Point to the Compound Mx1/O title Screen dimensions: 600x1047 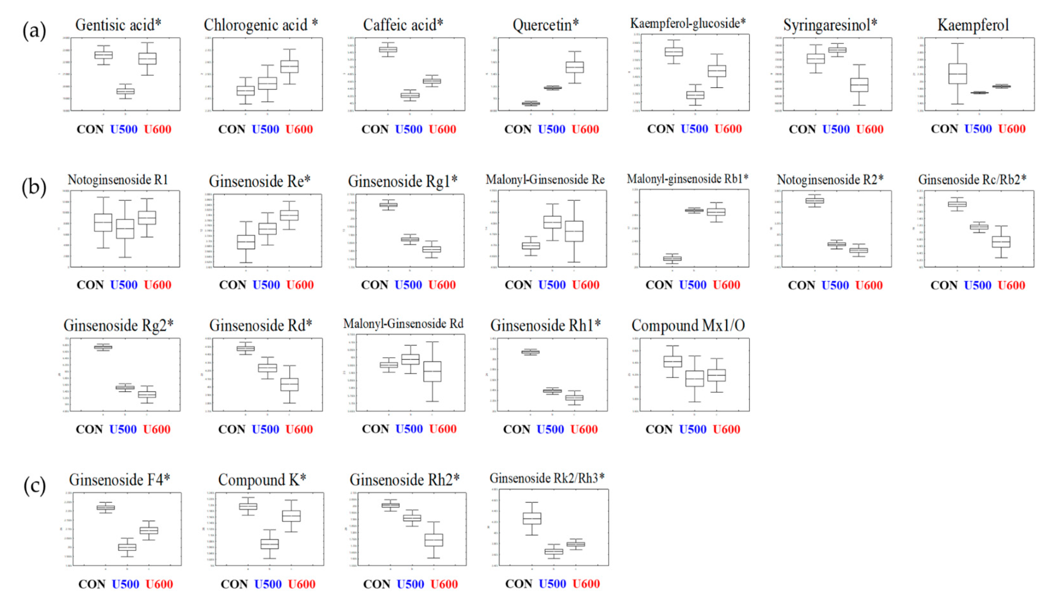[688, 326]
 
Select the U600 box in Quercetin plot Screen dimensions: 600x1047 [575, 67]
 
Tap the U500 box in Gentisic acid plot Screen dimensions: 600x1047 [125, 91]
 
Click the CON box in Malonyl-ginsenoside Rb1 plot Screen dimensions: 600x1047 [672, 258]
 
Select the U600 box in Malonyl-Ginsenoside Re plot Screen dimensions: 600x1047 [574, 231]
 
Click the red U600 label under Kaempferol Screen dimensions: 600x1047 [1012, 129]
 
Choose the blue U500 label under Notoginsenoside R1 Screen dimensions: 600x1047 [124, 285]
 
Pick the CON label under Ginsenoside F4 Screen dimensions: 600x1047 [92, 584]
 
